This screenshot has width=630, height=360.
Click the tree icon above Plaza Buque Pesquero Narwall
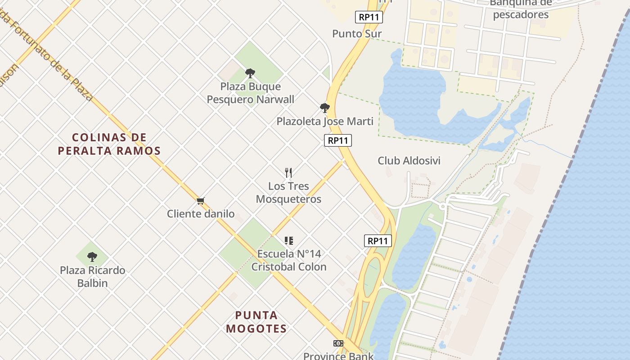pos(250,73)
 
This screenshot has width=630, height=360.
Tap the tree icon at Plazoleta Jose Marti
pos(324,108)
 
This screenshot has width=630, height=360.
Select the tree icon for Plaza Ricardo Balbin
pos(92,257)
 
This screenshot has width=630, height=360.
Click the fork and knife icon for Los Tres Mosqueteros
pos(288,172)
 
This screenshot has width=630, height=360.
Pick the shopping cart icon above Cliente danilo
pos(201,201)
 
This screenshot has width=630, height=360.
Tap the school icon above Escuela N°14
pos(288,241)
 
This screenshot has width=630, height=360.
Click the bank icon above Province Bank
pos(338,343)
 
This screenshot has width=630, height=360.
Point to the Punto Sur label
pos(357,34)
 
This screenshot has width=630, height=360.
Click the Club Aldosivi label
pos(409,161)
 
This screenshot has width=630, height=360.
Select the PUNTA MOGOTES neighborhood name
pos(256,322)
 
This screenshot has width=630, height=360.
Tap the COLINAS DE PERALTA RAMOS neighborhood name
pos(109,144)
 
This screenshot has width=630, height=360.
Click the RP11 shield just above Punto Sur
pos(369,17)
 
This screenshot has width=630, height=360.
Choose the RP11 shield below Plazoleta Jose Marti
pos(338,140)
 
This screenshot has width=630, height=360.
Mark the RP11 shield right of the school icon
pos(378,241)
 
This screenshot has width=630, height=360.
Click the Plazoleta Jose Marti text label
pos(325,121)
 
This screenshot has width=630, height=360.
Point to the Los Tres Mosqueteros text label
pos(288,193)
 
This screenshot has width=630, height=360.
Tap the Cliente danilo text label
pos(201,214)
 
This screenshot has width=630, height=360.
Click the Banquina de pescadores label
pos(521,9)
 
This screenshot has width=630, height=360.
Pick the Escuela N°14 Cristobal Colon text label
pos(289,260)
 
